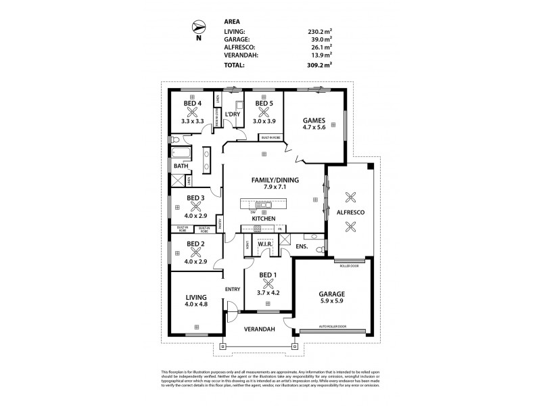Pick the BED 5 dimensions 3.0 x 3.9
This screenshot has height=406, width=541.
tap(264, 120)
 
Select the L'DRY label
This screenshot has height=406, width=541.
tap(233, 113)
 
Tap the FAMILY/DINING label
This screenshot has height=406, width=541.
tap(270, 180)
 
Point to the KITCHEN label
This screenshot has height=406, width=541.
tap(263, 220)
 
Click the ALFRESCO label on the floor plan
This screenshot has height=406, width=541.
tap(350, 213)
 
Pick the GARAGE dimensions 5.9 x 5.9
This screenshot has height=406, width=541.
tap(332, 303)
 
